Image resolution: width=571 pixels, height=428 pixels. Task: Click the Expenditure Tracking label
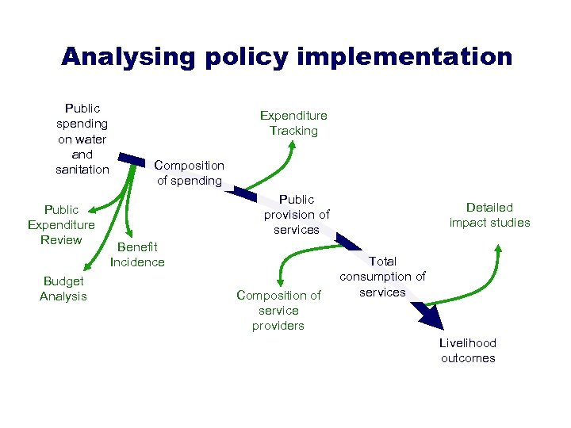point(293,123)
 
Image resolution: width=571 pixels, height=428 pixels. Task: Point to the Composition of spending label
point(190,173)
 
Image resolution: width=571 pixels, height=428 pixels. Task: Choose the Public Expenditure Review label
point(61,224)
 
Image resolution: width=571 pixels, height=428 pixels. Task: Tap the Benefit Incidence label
point(137,254)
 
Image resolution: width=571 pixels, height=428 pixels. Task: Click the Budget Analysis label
point(63,289)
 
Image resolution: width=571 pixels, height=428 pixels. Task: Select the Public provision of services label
point(297,214)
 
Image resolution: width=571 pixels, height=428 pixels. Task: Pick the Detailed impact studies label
point(489,215)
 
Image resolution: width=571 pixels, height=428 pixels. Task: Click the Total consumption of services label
point(382,276)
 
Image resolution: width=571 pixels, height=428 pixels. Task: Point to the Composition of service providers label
point(278,310)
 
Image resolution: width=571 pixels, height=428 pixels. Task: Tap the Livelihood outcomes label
point(468,350)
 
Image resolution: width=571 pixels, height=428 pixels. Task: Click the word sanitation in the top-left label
point(82,170)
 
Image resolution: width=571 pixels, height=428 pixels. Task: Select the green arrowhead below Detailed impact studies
point(498,248)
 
